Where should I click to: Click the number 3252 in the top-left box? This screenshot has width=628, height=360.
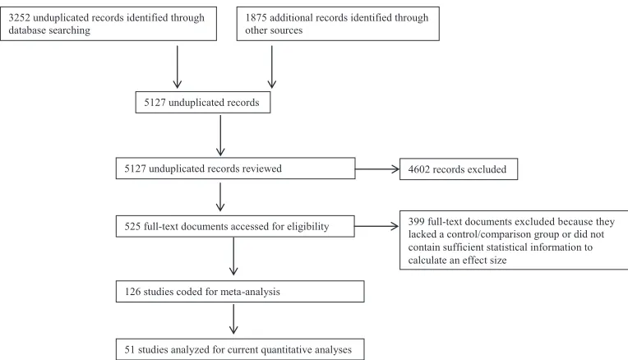pyautogui.click(x=19, y=17)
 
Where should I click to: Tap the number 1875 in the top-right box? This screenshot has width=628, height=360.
pyautogui.click(x=256, y=17)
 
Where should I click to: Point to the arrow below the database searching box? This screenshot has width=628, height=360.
pyautogui.click(x=177, y=67)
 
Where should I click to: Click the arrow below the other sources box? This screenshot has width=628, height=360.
pyautogui.click(x=271, y=67)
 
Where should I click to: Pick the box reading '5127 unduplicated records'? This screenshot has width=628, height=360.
pyautogui.click(x=203, y=103)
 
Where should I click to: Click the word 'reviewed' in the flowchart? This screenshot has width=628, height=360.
pyautogui.click(x=263, y=168)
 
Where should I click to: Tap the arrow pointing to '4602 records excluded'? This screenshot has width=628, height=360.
pyautogui.click(x=377, y=169)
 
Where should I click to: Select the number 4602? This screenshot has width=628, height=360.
pyautogui.click(x=419, y=169)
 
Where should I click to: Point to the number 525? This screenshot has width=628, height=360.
pyautogui.click(x=132, y=226)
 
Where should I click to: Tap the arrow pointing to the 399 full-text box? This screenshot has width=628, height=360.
pyautogui.click(x=376, y=226)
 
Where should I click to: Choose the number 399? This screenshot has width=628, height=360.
pyautogui.click(x=416, y=221)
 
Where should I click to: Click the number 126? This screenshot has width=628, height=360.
pyautogui.click(x=132, y=292)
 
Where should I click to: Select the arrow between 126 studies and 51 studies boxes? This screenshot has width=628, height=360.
pyautogui.click(x=233, y=319)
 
